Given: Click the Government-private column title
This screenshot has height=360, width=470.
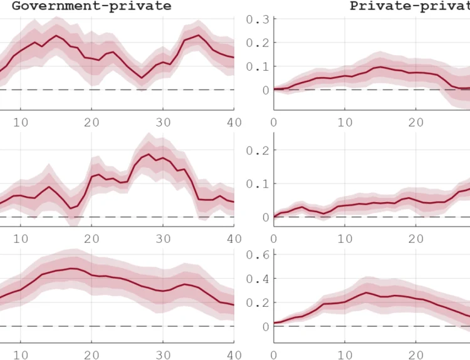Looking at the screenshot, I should (91, 6).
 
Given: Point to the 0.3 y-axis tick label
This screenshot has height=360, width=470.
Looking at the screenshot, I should (257, 19).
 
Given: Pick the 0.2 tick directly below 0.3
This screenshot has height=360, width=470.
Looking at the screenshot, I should (257, 43).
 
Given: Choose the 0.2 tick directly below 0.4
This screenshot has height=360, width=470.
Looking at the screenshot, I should (257, 302).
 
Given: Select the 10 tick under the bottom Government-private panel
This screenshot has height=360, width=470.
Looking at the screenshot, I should (21, 355).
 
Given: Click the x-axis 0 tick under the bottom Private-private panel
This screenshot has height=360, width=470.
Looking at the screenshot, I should (274, 355).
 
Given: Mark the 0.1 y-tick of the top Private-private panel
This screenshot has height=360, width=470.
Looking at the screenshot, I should (257, 66).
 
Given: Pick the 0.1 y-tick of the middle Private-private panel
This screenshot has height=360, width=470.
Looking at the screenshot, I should (257, 184).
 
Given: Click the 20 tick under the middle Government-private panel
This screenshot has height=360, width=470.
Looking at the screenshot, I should (92, 239).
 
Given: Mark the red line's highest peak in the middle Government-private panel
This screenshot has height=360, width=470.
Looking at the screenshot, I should (149, 154).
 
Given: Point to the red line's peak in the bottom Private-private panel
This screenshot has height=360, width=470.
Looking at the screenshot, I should (366, 292).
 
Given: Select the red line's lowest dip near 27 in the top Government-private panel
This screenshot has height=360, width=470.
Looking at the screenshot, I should (142, 78).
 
